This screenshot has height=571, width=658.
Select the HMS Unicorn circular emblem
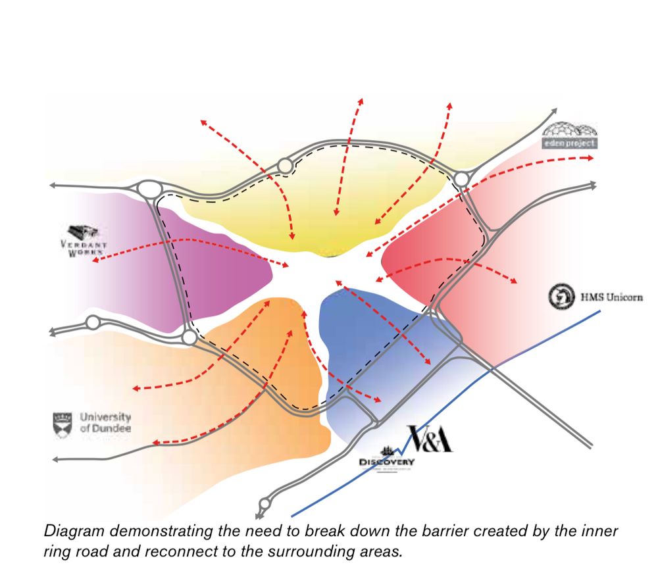(561, 297)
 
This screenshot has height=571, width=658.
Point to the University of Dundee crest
(62, 424)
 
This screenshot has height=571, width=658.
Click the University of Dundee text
(105, 423)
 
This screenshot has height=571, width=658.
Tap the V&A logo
(430, 439)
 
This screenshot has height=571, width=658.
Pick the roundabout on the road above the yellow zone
(285, 166)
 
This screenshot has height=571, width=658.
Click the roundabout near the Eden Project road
(461, 178)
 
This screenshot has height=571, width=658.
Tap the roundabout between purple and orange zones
(190, 337)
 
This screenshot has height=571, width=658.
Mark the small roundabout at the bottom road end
(265, 504)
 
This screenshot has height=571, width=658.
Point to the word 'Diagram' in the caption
(73, 531)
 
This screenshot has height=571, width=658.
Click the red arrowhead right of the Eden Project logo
(592, 159)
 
